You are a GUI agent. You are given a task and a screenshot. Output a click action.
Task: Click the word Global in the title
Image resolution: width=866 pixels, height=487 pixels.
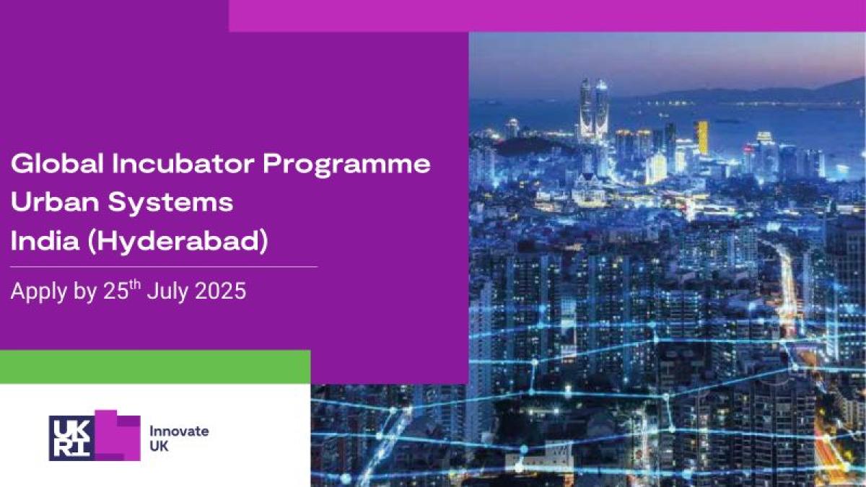(x=57, y=163)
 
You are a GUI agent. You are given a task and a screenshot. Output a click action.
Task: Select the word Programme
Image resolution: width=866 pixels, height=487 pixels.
(x=347, y=165)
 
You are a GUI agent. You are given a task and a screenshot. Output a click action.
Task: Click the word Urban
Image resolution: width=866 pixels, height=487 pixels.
(x=55, y=202)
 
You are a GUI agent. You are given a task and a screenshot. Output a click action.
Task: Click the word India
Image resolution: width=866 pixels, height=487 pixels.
(x=45, y=240)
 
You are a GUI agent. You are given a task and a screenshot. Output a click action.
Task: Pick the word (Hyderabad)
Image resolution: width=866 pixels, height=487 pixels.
(x=178, y=242)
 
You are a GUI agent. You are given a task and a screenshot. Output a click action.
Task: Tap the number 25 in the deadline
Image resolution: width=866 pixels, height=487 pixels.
(x=115, y=291)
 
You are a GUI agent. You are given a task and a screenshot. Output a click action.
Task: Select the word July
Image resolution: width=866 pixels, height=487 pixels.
(x=169, y=291)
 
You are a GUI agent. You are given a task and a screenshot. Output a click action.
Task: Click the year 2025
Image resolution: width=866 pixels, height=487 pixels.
(x=220, y=291)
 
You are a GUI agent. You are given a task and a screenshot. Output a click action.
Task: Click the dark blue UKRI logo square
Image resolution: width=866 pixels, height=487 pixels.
(x=72, y=439)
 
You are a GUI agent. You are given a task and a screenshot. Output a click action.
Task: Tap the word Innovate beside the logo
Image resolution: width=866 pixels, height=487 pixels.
(x=179, y=431)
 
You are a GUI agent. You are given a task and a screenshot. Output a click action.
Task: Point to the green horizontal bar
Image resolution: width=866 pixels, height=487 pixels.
(x=155, y=367)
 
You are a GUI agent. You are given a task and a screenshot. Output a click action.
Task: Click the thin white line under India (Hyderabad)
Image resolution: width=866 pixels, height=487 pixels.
(x=164, y=267)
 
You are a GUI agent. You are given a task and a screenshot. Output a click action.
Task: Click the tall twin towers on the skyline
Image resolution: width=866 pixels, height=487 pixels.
(x=593, y=110)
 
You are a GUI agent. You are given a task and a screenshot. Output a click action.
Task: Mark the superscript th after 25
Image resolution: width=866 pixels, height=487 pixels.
(x=135, y=284)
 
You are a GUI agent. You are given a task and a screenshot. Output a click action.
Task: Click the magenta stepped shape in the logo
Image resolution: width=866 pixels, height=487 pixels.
(x=118, y=436)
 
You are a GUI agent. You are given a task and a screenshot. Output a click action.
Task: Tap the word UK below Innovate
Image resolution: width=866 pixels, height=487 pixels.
(x=159, y=447)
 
